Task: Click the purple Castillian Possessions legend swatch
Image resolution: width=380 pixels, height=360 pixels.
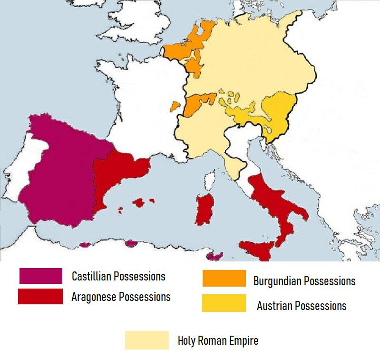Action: tap(40, 276)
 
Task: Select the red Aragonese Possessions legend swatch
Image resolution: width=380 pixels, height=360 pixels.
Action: tap(40, 296)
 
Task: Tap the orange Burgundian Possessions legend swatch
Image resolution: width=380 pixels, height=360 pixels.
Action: tap(224, 279)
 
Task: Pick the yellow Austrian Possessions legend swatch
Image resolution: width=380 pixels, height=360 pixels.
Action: tap(224, 303)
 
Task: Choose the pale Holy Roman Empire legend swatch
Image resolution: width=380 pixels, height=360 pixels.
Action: tap(146, 340)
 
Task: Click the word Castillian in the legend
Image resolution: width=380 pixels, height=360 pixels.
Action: tap(93, 276)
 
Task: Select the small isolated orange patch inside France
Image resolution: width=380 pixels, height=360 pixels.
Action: tap(175, 105)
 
